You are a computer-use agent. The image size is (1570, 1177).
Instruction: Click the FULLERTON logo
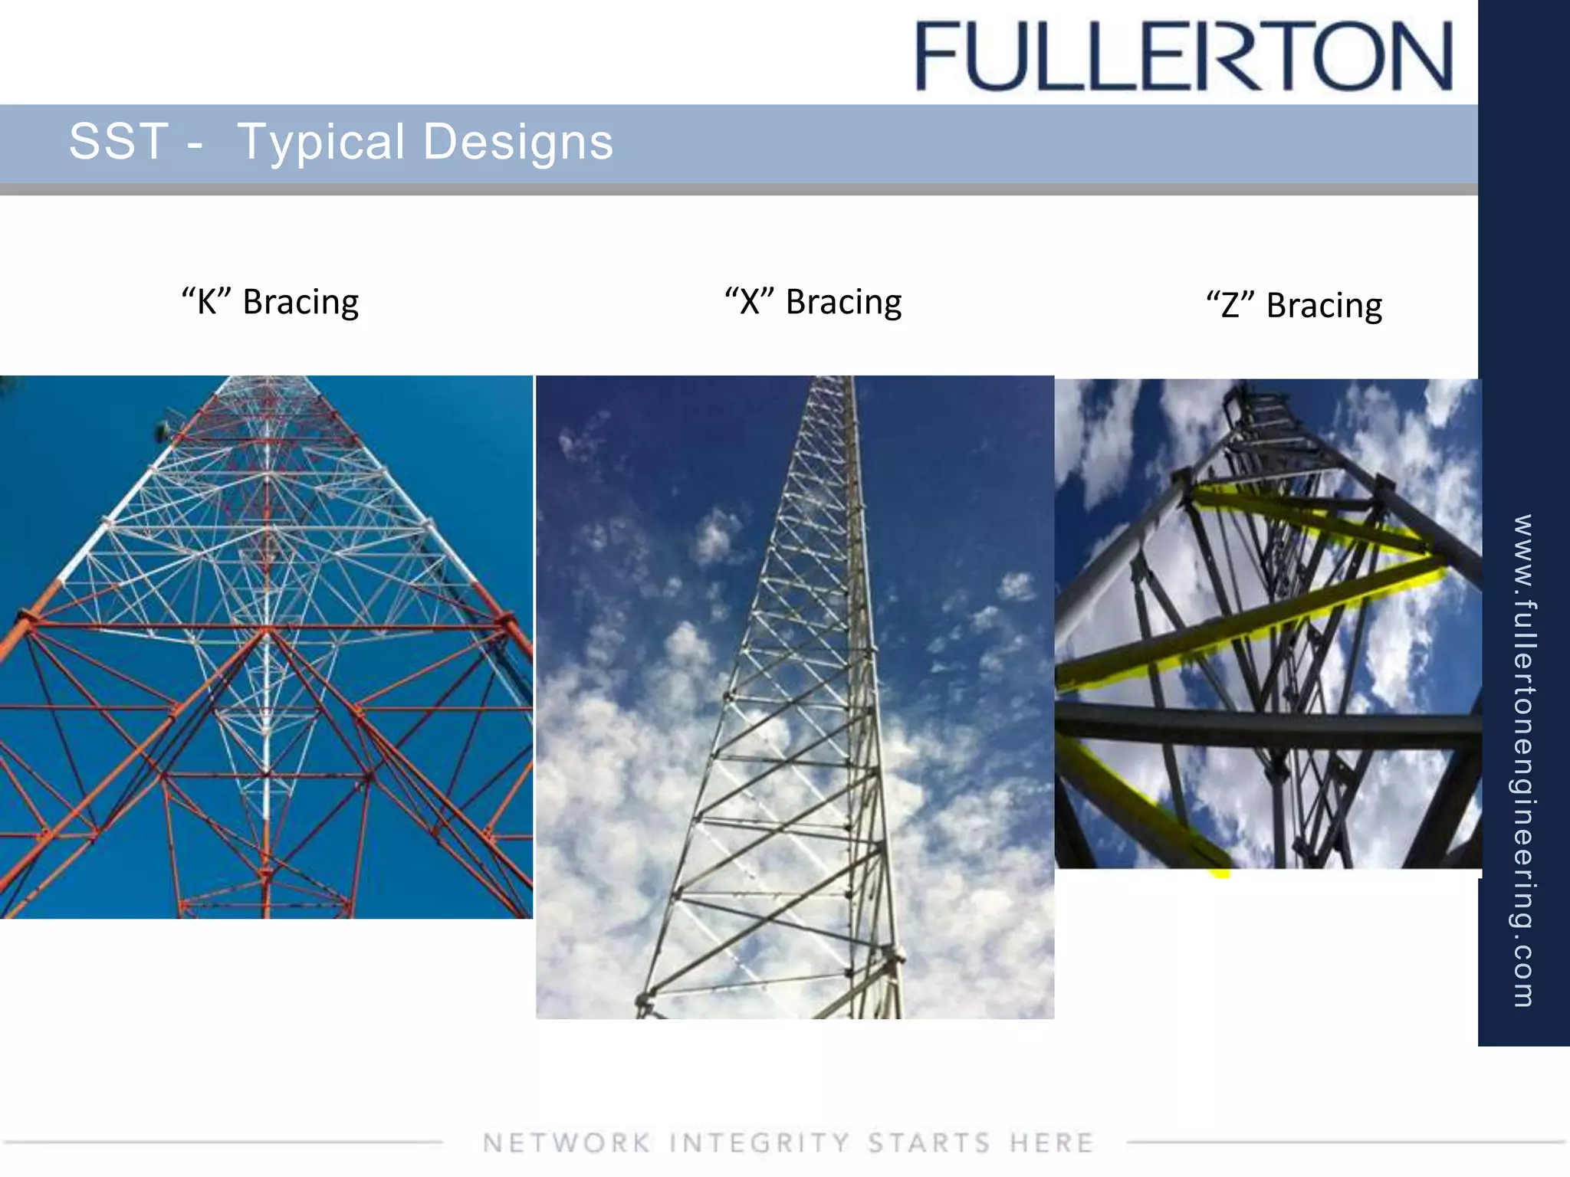1184,56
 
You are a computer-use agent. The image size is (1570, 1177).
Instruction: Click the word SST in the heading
118,142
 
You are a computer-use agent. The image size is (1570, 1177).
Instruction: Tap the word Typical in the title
320,143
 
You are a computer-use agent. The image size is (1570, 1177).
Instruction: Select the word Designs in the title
518,143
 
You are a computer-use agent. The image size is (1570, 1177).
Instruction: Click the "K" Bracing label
270,302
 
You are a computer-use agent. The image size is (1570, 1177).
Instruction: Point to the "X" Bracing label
813,302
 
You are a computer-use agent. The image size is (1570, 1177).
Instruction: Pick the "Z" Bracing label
1294,305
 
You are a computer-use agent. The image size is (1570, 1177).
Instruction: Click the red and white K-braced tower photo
266,647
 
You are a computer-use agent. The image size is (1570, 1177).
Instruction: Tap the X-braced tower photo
795,697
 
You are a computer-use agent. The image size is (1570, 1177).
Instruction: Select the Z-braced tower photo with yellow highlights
1268,624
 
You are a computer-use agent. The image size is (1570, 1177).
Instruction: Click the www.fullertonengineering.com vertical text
1523,759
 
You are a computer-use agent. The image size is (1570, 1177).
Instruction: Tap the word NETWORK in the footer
567,1143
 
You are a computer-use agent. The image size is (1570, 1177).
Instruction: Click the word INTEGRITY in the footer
759,1143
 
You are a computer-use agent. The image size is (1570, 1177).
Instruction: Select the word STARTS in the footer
929,1143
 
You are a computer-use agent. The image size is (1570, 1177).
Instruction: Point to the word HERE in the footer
1051,1143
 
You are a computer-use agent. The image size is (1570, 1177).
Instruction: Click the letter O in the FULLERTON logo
1354,56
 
